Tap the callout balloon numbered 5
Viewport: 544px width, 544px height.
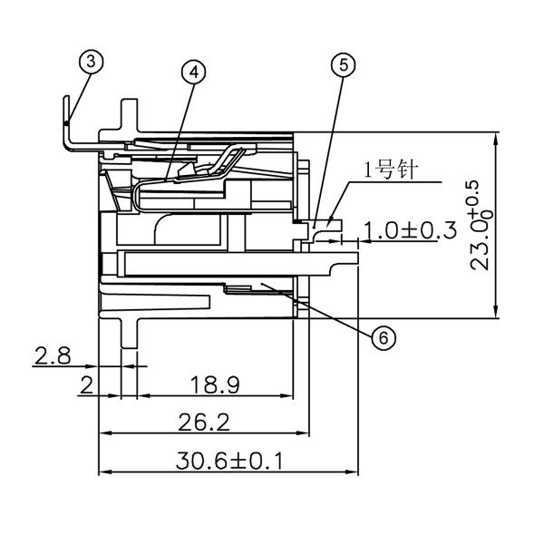coord(343,64)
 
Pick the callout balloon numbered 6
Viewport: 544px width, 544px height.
coord(383,337)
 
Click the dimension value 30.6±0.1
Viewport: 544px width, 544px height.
coord(229,461)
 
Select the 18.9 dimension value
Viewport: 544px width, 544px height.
coord(216,385)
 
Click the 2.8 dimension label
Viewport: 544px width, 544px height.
coord(53,355)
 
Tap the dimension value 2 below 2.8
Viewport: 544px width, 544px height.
coord(86,385)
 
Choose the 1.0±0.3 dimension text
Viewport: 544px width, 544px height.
coord(411,231)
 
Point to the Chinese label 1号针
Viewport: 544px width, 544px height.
coord(389,170)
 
